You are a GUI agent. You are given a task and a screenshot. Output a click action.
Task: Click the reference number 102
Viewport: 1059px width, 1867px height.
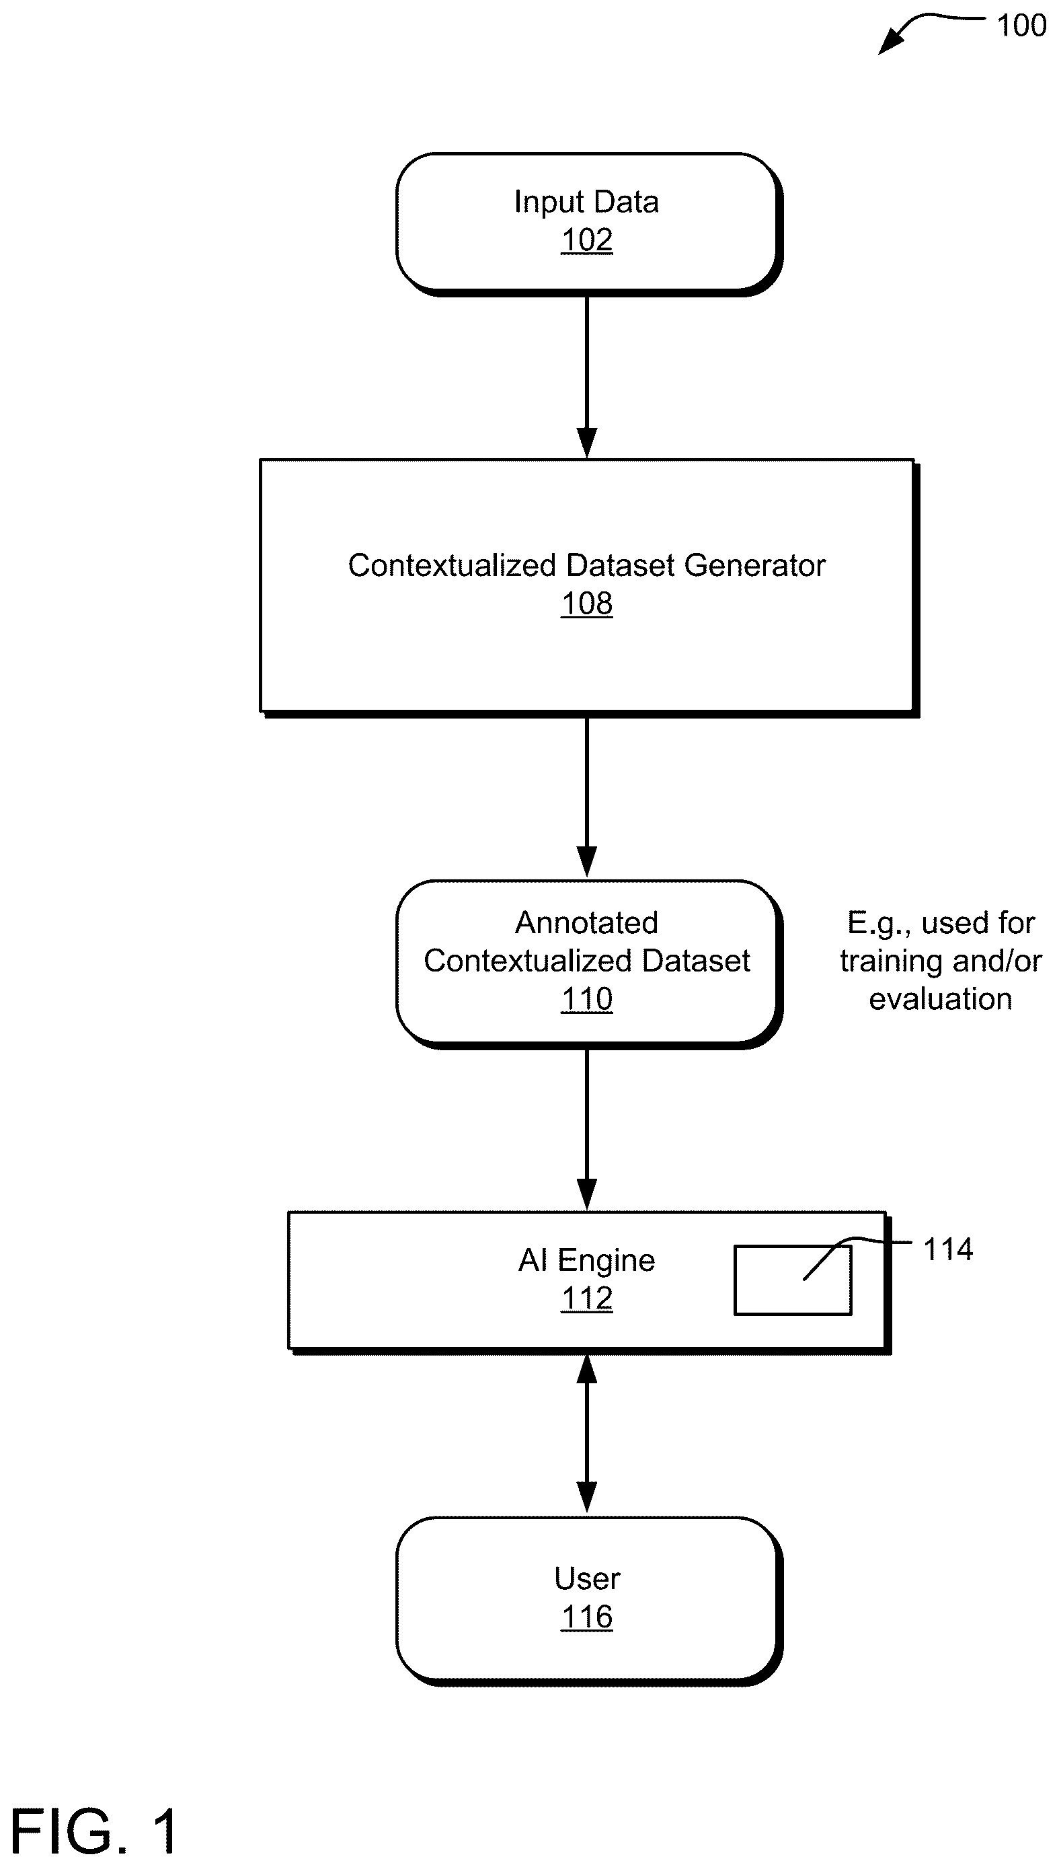586,240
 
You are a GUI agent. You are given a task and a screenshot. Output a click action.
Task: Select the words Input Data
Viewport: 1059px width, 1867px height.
586,202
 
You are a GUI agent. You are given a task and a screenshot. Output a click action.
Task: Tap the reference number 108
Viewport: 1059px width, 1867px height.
586,603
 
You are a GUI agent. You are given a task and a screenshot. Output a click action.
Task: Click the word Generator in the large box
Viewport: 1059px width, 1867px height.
755,565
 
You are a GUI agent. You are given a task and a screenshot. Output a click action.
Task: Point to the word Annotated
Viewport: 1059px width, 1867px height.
586,922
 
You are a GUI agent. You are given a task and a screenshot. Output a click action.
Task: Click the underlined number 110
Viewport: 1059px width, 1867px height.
586,999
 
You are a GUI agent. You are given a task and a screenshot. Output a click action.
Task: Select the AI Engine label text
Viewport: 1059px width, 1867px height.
586,1260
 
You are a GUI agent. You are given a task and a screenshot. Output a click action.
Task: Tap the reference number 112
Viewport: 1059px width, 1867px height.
586,1298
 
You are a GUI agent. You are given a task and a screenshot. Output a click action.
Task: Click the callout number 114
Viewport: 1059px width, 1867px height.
947,1249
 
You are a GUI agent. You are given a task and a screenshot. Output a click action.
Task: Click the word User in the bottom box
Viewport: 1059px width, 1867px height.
586,1579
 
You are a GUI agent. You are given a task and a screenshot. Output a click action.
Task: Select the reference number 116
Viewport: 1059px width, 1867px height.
586,1617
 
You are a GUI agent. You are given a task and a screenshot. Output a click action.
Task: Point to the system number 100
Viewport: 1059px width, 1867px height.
1021,26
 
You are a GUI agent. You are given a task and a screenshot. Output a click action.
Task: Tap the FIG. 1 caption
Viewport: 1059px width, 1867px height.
95,1831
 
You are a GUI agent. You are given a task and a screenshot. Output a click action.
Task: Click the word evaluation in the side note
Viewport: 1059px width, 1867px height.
941,999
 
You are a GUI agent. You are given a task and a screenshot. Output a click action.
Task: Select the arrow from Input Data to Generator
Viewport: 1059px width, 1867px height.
586,377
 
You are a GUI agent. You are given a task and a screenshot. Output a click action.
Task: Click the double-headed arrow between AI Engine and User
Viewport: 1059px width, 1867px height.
586,1434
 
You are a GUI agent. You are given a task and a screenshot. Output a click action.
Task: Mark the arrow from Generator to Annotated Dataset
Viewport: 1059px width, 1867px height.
586,797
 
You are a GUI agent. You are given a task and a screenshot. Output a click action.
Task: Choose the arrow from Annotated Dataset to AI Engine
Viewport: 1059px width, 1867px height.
586,1129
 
